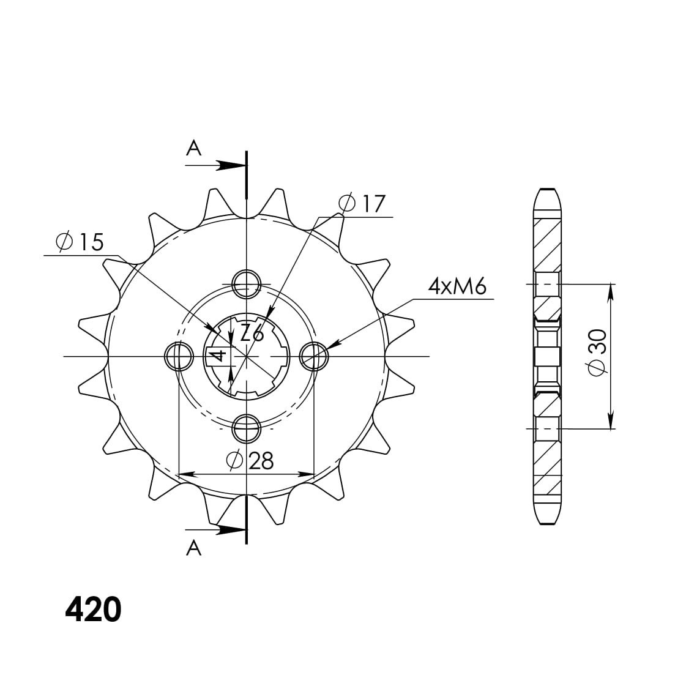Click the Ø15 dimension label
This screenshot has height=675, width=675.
click(x=80, y=242)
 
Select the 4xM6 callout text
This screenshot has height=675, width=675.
click(x=457, y=286)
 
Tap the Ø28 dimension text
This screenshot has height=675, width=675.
click(x=250, y=461)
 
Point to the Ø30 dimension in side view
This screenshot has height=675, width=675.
click(x=597, y=351)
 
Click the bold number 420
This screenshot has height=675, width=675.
click(x=93, y=610)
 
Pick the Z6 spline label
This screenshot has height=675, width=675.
click(x=252, y=334)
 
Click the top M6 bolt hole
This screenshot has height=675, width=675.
click(x=247, y=283)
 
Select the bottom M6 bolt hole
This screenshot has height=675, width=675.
click(x=247, y=428)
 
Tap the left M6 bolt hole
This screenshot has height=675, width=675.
click(x=179, y=356)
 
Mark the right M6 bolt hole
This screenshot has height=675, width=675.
click(x=314, y=356)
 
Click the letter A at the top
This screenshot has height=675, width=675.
click(x=193, y=148)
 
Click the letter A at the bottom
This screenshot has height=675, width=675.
click(x=193, y=548)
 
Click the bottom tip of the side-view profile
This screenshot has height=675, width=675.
click(x=548, y=523)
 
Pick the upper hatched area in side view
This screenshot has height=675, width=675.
click(x=548, y=245)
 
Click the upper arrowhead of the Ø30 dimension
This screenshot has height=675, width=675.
click(x=610, y=293)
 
